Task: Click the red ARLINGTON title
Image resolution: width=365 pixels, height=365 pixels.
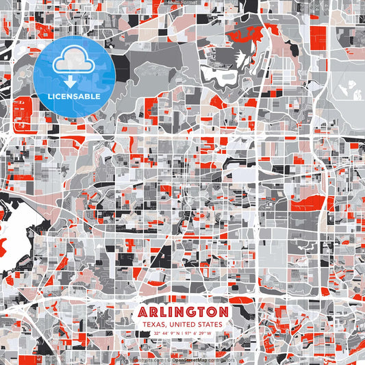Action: [x=183, y=312]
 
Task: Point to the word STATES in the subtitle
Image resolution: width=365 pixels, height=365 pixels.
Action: [x=209, y=325]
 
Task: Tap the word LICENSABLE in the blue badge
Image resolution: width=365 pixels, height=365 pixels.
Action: [x=75, y=97]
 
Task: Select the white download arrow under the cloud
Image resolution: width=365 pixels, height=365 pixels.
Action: [x=75, y=82]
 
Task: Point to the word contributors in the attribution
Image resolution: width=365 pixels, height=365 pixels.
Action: [x=219, y=358]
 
